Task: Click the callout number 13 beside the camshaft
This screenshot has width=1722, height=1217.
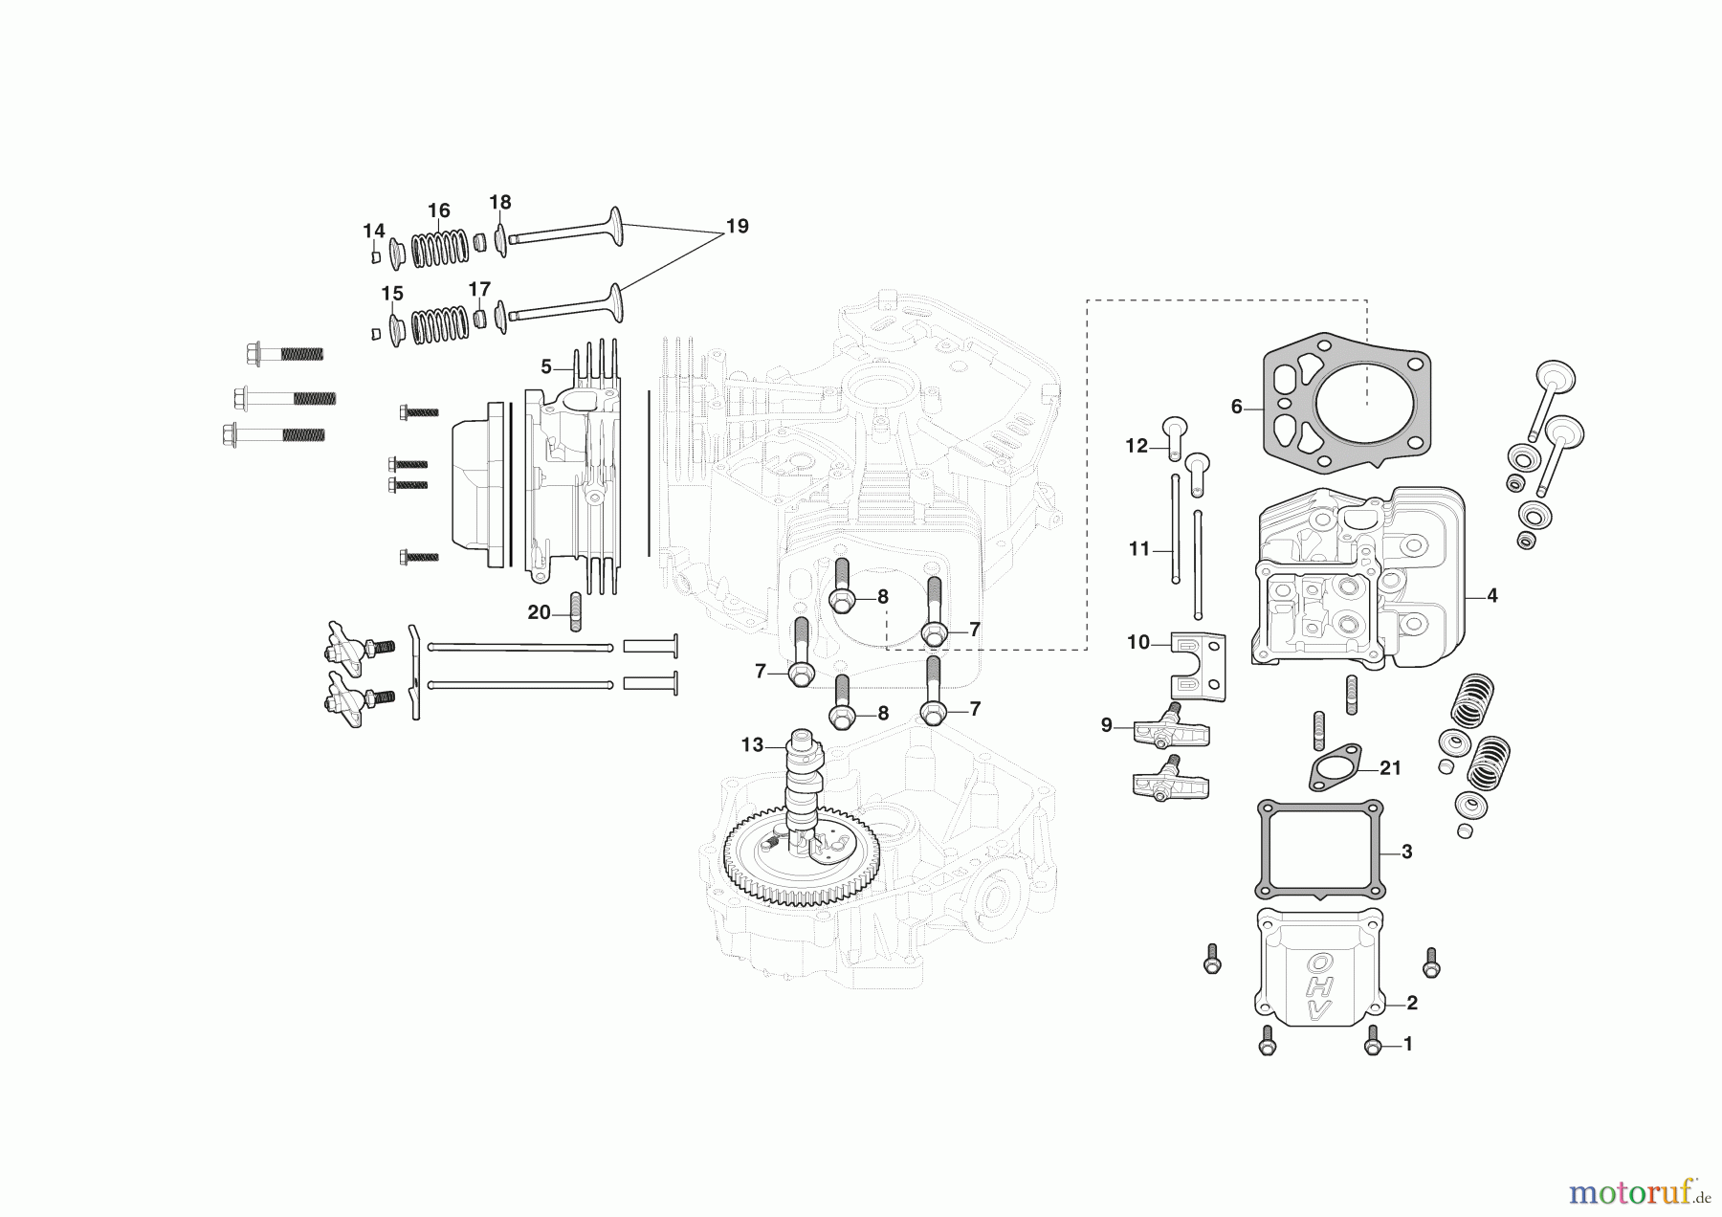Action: click(x=752, y=744)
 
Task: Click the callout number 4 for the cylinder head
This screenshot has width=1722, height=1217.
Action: click(x=1492, y=595)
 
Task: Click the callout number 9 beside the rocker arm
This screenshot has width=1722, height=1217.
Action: click(x=1107, y=725)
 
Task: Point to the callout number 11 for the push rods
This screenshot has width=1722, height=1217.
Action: click(x=1138, y=549)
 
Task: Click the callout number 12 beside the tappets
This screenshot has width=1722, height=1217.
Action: click(x=1136, y=446)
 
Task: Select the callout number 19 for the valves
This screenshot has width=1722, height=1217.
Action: click(x=737, y=227)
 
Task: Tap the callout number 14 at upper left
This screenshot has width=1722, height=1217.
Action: click(x=373, y=231)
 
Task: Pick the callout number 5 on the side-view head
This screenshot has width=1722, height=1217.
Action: click(x=546, y=366)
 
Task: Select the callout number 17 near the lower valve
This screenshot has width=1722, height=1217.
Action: click(x=479, y=289)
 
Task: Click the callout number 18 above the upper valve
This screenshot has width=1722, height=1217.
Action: click(x=500, y=202)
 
